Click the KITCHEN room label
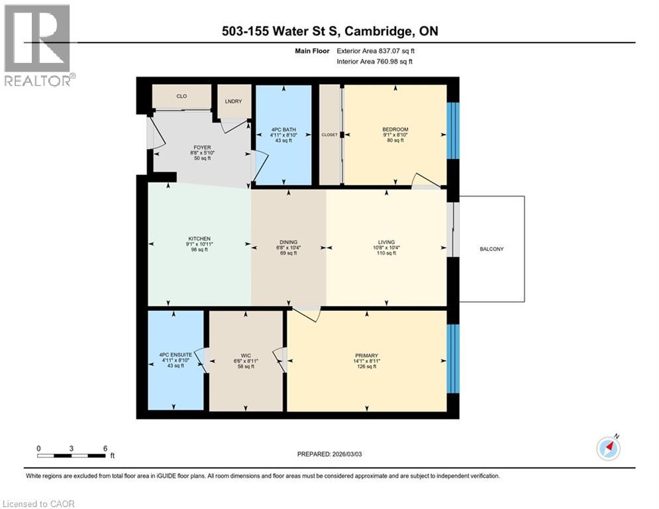point(199,239)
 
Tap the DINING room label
point(288,243)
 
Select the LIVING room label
point(386,243)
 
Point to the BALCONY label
point(491,249)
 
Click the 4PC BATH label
point(283,129)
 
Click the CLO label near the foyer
point(181,96)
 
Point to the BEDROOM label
point(395,129)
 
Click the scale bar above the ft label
point(72,455)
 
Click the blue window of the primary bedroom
point(453,359)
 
